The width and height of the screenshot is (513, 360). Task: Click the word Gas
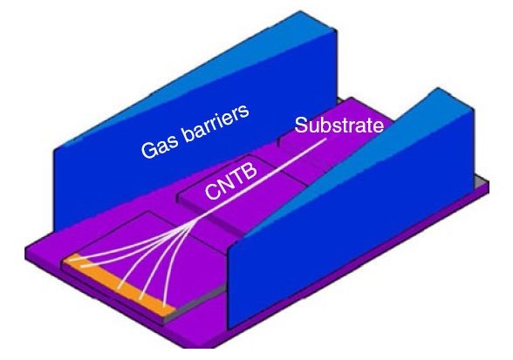point(158,146)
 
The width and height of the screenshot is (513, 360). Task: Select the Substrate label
point(339,125)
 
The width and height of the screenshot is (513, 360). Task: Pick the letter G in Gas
point(147,150)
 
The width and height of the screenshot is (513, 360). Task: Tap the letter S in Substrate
point(301,125)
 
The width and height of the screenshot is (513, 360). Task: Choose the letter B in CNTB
point(250,170)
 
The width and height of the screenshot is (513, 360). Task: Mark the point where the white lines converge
point(199,220)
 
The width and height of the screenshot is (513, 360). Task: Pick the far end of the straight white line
point(325,139)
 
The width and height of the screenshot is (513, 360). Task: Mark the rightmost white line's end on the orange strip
point(166,302)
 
